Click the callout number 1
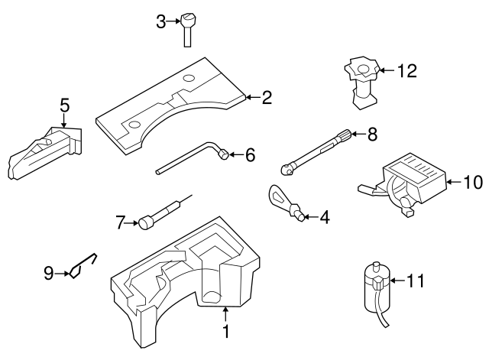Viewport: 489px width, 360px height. point(225,332)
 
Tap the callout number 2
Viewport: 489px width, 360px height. point(267,97)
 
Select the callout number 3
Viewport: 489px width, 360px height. point(160,21)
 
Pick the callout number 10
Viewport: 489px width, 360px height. point(473,182)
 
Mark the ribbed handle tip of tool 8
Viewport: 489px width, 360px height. point(348,135)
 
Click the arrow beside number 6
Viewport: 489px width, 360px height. point(237,155)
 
